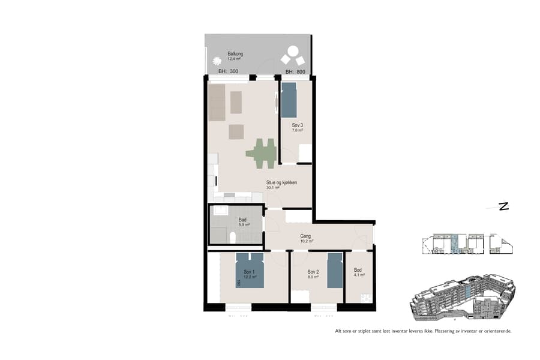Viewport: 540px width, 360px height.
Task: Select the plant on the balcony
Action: point(217,61)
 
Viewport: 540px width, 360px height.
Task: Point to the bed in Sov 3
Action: point(289,100)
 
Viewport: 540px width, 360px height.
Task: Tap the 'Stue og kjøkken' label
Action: point(282,182)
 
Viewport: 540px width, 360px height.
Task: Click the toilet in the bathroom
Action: point(232,238)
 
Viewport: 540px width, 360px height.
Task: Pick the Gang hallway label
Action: point(305,236)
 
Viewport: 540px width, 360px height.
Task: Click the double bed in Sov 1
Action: point(250,271)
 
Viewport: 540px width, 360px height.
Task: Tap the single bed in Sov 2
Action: point(334,270)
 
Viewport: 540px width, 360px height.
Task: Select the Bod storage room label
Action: point(359,270)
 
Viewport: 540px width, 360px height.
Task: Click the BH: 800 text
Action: point(295,72)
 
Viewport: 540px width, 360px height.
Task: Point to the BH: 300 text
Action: point(228,72)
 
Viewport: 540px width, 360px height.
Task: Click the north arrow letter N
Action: point(503,207)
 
